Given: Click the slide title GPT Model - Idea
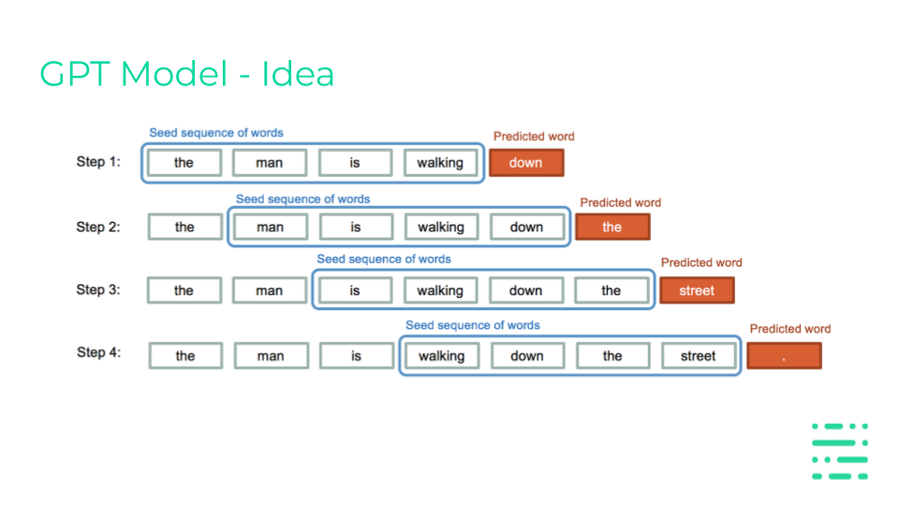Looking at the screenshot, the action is tap(187, 74).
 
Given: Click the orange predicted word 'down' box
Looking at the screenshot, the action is tap(526, 163).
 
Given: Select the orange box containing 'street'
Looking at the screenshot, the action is tap(697, 290).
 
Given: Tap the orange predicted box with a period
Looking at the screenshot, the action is tap(785, 356).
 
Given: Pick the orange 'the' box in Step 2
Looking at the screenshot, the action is tap(612, 227).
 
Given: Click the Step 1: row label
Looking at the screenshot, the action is tap(98, 162).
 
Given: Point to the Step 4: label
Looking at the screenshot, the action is tap(98, 352).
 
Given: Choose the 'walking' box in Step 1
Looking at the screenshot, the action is tap(440, 163).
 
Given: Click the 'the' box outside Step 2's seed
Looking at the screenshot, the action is tap(184, 227).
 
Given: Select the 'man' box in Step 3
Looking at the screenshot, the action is tap(270, 290).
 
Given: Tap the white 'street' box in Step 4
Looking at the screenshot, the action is tap(699, 356).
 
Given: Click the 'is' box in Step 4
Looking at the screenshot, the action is tap(357, 356).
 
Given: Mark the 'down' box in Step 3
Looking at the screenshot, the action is tap(526, 290).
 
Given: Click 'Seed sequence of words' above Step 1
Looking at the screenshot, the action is tap(216, 132).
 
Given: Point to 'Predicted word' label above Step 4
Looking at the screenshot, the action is tap(790, 329).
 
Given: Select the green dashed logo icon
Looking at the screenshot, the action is tap(840, 451).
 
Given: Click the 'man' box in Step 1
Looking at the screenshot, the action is tap(270, 163).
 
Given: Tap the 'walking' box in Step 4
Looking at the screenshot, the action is tap(441, 356).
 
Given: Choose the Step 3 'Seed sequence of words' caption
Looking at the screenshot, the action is tap(384, 259).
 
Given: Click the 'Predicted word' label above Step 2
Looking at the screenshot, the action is tap(620, 202).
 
